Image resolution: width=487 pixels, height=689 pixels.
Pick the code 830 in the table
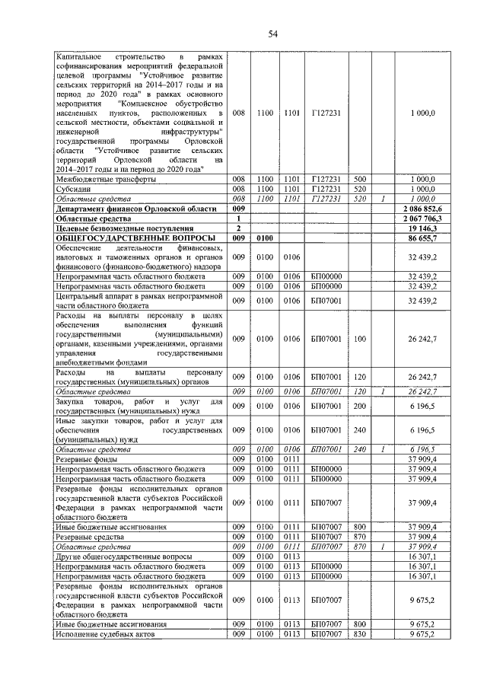[x=360, y=633]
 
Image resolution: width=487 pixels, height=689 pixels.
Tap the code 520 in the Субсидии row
[x=360, y=188]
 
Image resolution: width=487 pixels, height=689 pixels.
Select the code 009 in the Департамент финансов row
[x=239, y=208]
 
